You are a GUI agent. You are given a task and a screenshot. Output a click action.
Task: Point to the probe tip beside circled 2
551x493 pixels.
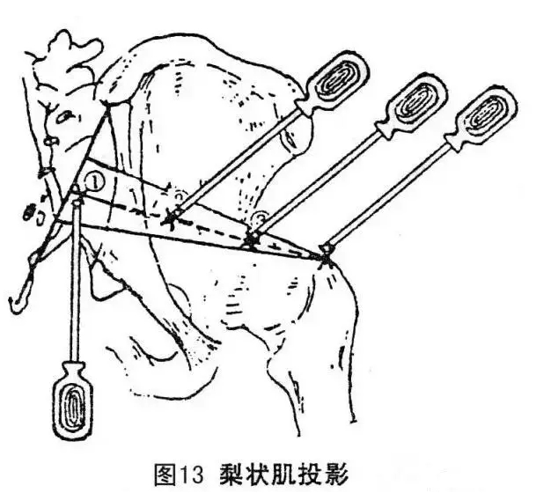[x=169, y=217]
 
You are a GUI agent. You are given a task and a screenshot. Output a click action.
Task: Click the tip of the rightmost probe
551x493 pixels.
[x=326, y=255]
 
